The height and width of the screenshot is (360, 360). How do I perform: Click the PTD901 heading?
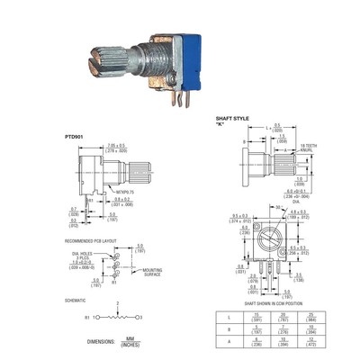(76, 137)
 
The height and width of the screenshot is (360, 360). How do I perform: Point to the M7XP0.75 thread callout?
(125, 190)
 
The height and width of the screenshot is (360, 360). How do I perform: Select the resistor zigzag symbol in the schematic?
(115, 318)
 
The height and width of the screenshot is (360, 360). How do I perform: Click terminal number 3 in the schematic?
(141, 318)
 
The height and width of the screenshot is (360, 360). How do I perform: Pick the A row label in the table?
(231, 340)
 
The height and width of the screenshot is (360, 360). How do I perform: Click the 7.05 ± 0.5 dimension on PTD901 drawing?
(115, 146)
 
